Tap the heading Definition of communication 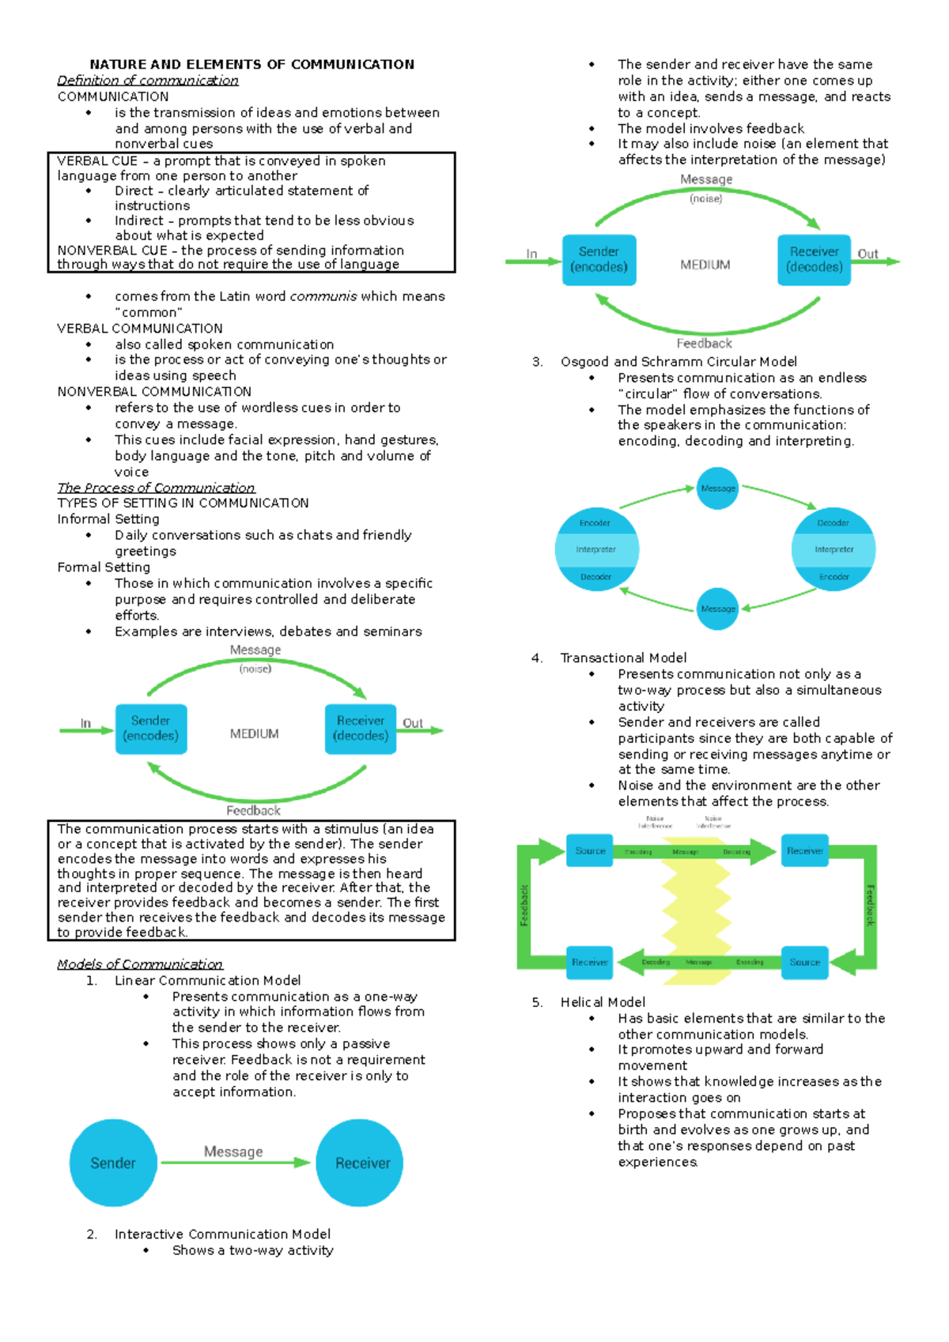[x=148, y=81]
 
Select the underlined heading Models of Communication [x=140, y=964]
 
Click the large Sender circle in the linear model [x=113, y=1163]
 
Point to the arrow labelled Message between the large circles [x=235, y=1162]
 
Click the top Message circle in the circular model [x=718, y=488]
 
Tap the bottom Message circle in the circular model [x=718, y=609]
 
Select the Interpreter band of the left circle [x=596, y=549]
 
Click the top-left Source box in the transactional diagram [x=590, y=851]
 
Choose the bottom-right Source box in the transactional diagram [x=804, y=963]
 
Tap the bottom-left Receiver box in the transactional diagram [x=590, y=963]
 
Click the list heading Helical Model [x=603, y=1002]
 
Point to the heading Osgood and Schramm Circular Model [x=679, y=362]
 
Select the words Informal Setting [x=108, y=519]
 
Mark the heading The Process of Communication [x=156, y=488]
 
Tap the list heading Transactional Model [x=623, y=658]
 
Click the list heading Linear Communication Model [x=207, y=981]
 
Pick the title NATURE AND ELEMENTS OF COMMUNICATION [x=251, y=65]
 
